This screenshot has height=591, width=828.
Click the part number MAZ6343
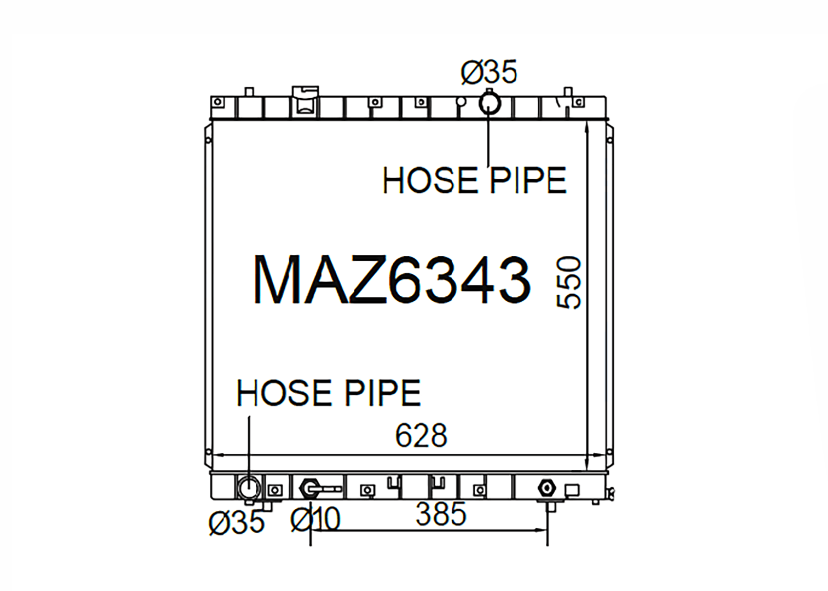392,280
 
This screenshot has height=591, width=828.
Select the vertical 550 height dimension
569,283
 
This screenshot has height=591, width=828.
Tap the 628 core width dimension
421,436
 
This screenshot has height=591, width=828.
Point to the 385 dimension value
441,514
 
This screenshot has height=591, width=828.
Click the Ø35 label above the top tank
489,72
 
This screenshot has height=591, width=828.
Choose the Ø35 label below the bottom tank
237,523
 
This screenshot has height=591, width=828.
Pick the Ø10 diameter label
315,519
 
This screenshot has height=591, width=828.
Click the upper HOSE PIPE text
474,180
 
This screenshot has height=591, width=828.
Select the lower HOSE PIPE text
328,392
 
